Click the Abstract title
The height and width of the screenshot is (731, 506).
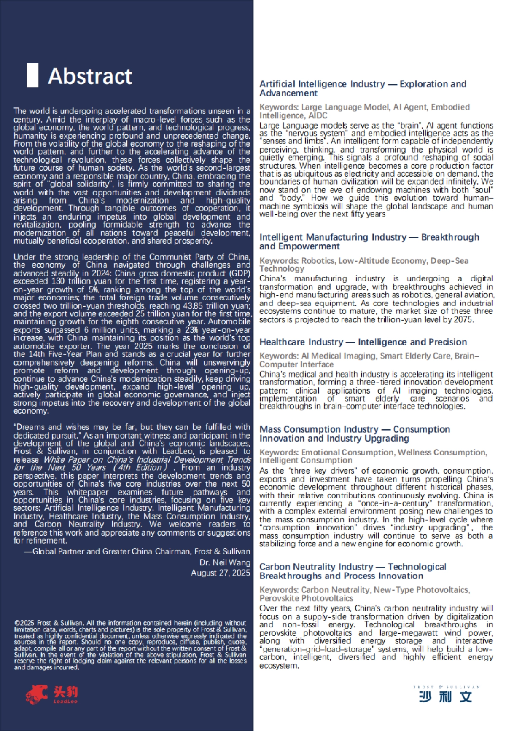(90, 76)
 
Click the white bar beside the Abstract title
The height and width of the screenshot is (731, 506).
(32, 75)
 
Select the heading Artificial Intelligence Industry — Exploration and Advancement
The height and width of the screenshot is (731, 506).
(363, 88)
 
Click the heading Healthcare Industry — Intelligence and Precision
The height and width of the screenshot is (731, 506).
(363, 342)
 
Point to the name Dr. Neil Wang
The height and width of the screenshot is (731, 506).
(225, 562)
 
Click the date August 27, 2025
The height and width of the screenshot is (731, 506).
(221, 573)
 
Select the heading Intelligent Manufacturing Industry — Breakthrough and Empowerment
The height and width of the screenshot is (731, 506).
(369, 241)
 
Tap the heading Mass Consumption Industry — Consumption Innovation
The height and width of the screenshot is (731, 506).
(355, 434)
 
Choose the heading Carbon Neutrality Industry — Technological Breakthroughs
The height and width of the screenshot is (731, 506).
(353, 571)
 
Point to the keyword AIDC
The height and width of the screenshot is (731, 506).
(318, 115)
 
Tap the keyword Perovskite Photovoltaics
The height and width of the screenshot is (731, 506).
(306, 598)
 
